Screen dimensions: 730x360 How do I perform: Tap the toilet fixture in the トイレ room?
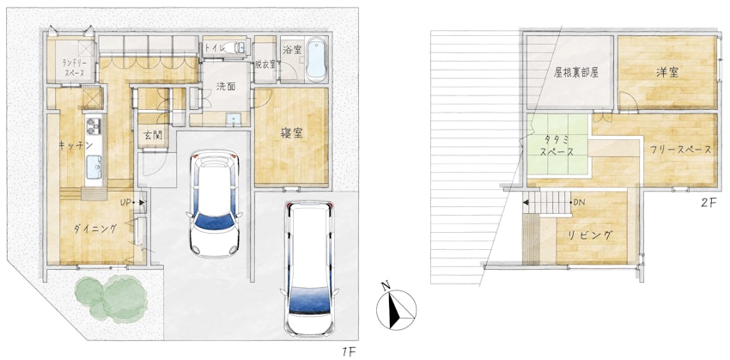pos(235,47)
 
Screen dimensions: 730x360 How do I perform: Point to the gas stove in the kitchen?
pos(94,125)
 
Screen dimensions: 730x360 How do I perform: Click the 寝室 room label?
pos(291,134)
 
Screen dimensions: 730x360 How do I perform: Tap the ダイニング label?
pos(95,229)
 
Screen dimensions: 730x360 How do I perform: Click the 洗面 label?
pos(226,87)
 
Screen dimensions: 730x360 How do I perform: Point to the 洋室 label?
pos(667,72)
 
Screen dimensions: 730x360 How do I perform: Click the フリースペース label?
pos(678,149)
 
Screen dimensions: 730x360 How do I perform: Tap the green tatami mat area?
pos(558,145)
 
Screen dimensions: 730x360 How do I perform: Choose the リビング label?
pos(590,235)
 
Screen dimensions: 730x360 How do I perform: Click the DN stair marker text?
pos(579,203)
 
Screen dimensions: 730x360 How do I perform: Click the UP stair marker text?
pos(125,203)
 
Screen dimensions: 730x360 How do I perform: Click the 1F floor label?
pos(347,351)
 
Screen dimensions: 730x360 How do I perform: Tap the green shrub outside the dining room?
pos(112,298)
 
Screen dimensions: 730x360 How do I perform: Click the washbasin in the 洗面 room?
pos(233,120)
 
